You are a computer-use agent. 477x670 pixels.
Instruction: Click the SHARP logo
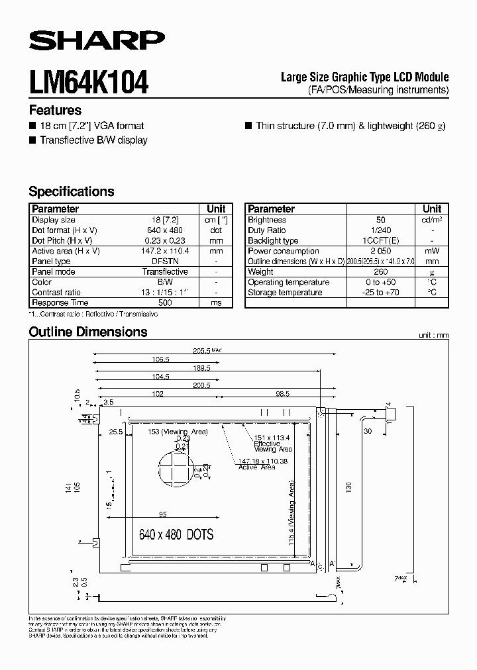[x=97, y=41]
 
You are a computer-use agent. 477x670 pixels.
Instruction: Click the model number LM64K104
[x=89, y=84]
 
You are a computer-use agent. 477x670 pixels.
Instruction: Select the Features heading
[x=55, y=111]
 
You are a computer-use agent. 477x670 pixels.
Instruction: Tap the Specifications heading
[x=72, y=191]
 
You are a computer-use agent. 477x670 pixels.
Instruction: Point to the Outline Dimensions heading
[x=88, y=332]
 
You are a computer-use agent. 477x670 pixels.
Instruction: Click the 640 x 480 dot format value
[x=164, y=230]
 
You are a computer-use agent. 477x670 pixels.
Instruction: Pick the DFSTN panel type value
[x=164, y=262]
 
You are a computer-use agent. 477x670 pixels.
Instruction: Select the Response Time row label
[x=60, y=303]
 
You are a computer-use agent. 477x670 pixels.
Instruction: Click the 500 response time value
[x=164, y=303]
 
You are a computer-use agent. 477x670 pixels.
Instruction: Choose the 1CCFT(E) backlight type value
[x=380, y=241]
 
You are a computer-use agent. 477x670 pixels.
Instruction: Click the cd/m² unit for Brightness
[x=432, y=220]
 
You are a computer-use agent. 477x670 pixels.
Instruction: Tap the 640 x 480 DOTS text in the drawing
[x=176, y=534]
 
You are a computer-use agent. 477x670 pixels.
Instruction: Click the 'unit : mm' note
[x=433, y=336]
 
